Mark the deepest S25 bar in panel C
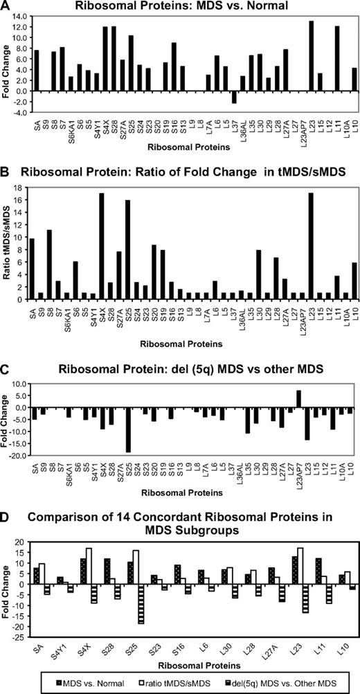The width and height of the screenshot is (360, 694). click(x=128, y=429)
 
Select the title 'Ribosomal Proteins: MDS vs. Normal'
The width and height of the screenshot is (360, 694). click(x=182, y=6)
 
